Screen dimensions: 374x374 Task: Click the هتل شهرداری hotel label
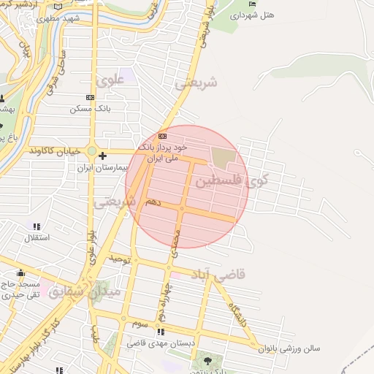pos(253,14)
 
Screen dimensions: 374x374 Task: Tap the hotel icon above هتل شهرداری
pos(253,4)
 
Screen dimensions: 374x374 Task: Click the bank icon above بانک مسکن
pos(90,97)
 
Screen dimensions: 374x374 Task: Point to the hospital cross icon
pos(102,156)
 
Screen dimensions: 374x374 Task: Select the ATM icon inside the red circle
pos(162,136)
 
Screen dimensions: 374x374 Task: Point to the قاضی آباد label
pos(219,275)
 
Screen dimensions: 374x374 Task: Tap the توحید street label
pos(121,259)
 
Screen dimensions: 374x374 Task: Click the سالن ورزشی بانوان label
pos(290,348)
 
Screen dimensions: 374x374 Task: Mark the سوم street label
pos(141,322)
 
